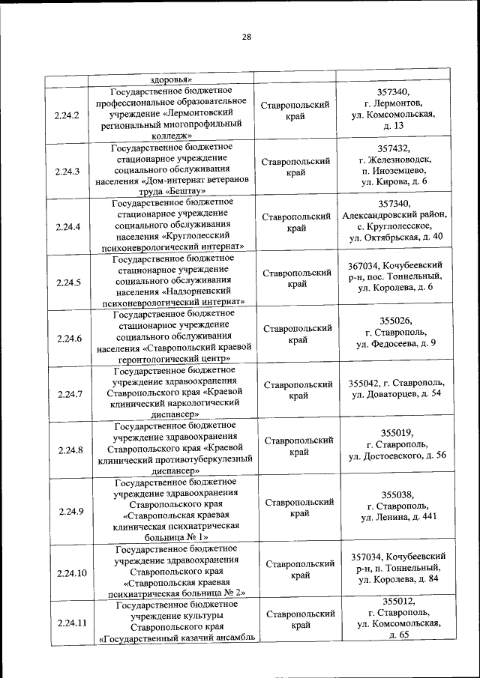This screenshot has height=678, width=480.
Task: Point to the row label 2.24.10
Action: point(70,573)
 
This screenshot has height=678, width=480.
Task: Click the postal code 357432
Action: point(394,148)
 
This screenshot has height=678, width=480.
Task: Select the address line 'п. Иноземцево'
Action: point(394,171)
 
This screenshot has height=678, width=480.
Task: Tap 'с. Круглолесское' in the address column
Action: point(394,226)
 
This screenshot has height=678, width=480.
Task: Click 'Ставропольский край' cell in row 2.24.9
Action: point(298,507)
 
